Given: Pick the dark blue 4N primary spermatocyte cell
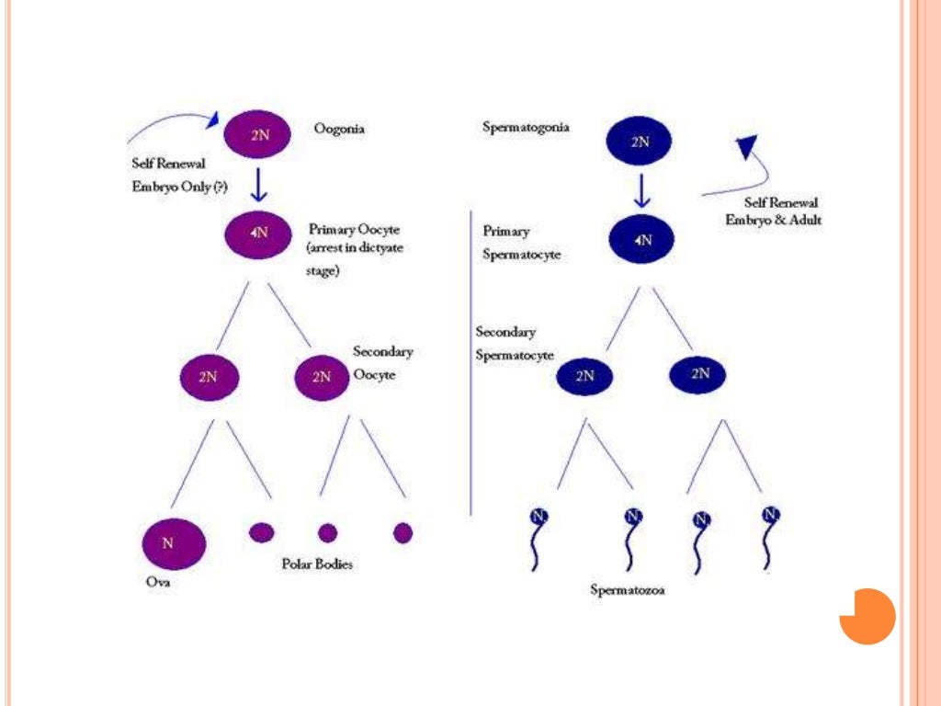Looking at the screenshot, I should [642, 239].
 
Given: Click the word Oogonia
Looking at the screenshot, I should [339, 130].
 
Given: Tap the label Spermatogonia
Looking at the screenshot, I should [526, 127].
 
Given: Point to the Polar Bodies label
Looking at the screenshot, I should [316, 564].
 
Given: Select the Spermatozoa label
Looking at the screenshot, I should [628, 590].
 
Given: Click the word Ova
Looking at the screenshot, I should [157, 582].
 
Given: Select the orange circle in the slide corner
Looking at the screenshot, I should [867, 616].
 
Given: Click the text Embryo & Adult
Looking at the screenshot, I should [773, 221].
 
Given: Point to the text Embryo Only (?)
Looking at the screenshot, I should [179, 182].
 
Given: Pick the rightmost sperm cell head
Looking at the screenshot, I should [771, 515].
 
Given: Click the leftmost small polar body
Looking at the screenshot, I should [262, 531].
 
